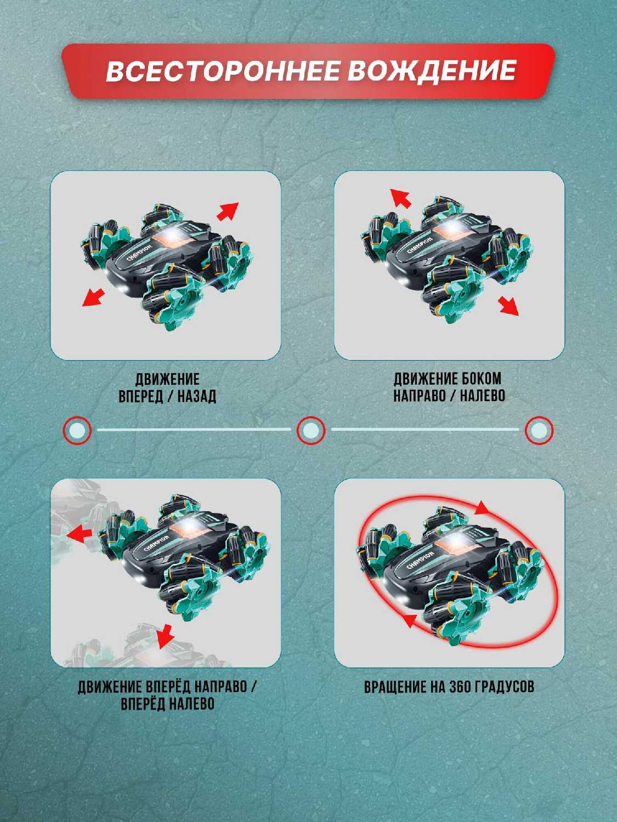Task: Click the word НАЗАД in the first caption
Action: (197, 397)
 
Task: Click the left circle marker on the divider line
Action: (77, 430)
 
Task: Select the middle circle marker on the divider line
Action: (310, 430)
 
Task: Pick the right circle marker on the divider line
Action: (539, 430)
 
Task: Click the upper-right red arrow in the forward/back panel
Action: (228, 212)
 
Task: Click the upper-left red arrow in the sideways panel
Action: (401, 197)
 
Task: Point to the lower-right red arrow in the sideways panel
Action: (508, 306)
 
